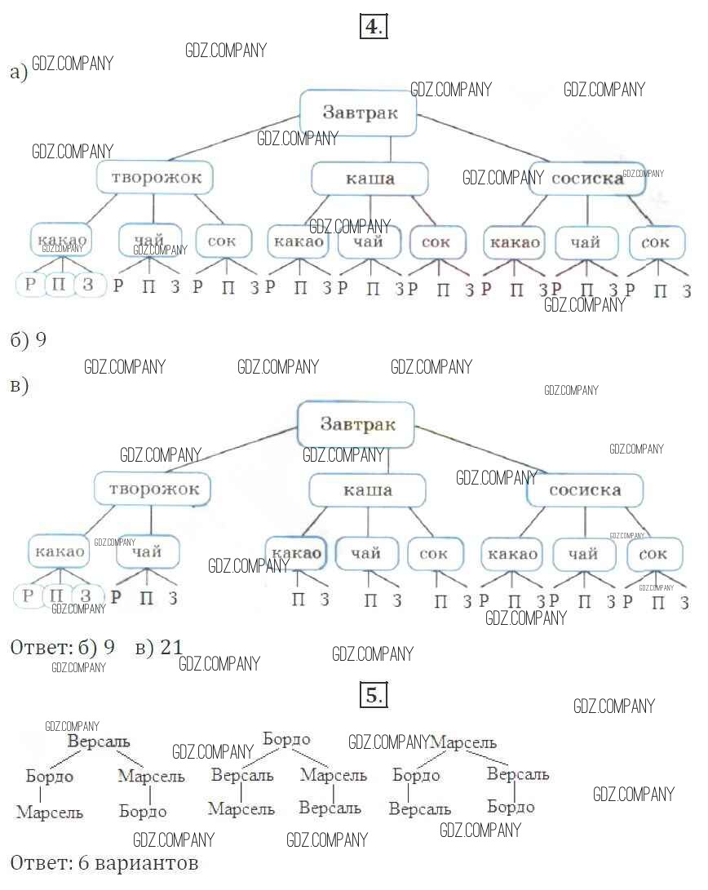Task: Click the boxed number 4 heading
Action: click(373, 27)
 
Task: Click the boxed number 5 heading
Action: click(373, 696)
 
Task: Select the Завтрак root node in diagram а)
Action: click(359, 113)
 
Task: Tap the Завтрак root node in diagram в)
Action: click(356, 424)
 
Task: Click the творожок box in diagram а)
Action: click(155, 177)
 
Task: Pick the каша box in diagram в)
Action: click(367, 490)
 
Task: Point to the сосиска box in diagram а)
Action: click(586, 179)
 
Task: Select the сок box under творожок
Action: click(222, 241)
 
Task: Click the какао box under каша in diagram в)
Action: click(296, 554)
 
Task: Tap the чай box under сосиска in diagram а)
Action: click(585, 242)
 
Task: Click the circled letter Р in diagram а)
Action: click(31, 285)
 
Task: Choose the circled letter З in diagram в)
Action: click(87, 596)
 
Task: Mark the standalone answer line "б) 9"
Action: click(28, 340)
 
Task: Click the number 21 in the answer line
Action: click(170, 648)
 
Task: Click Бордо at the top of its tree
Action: click(287, 740)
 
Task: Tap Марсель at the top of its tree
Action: click(463, 743)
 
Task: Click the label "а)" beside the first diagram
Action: click(19, 73)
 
